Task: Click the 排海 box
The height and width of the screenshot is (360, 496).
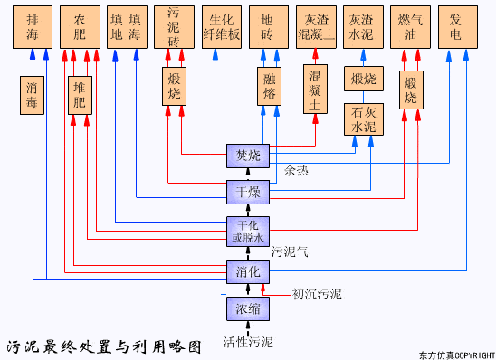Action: (33, 26)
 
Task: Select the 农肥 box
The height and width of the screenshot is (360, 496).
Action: (80, 26)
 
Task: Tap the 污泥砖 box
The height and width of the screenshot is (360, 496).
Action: (174, 26)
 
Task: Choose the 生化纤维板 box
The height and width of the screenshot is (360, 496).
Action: (222, 26)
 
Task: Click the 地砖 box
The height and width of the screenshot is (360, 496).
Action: (269, 26)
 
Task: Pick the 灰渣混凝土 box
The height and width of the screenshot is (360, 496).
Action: (316, 26)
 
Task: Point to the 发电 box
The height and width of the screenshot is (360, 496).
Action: (457, 26)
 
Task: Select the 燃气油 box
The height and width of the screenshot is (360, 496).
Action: (410, 26)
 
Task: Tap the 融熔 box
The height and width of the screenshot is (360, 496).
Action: (269, 86)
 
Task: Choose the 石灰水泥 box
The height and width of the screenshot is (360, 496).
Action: (363, 119)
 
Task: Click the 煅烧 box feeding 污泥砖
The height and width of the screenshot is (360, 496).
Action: (175, 86)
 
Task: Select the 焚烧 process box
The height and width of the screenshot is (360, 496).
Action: (247, 156)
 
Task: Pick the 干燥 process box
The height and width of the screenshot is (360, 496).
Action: (247, 192)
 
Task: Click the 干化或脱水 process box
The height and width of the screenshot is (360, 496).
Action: (247, 232)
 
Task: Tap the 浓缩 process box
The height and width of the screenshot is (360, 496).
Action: (247, 308)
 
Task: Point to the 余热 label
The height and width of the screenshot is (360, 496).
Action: (296, 170)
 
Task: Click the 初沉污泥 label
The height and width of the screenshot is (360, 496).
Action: (317, 294)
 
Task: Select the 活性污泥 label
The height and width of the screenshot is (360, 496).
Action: (247, 342)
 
